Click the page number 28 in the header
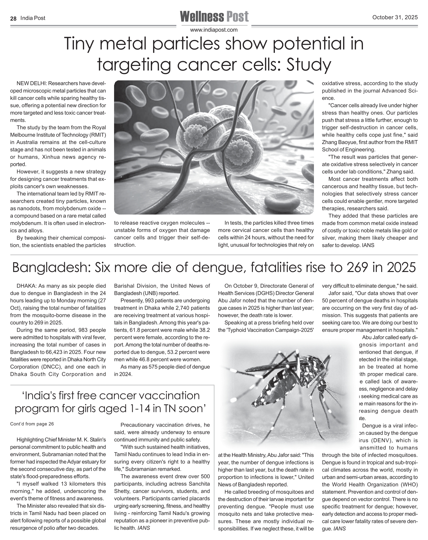coord(13,18)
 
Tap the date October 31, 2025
coord(395,18)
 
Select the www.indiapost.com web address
coord(214,30)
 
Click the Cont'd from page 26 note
coord(32,424)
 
